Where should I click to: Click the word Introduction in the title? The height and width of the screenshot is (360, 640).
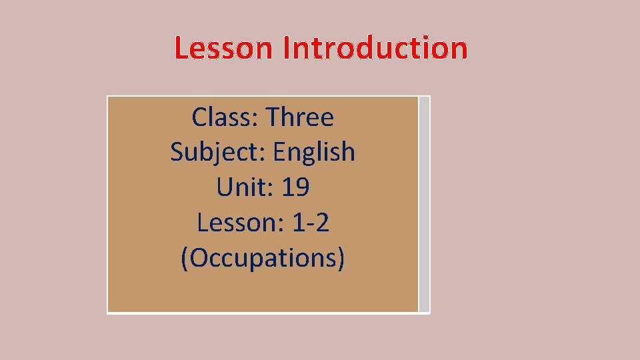(x=375, y=49)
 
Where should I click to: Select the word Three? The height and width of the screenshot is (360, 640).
(x=299, y=117)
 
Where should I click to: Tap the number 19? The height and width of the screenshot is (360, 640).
(x=295, y=187)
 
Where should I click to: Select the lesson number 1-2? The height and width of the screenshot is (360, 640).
(x=311, y=223)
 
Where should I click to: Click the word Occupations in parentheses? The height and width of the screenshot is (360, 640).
(x=263, y=258)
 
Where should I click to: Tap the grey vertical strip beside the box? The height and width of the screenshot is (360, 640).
(x=425, y=204)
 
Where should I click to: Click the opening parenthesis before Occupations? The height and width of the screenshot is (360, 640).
(x=185, y=258)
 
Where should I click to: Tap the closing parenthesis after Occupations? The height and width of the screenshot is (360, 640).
(x=341, y=258)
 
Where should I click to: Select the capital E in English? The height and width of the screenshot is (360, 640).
(x=279, y=151)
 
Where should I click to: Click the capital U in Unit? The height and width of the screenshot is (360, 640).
(x=224, y=187)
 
